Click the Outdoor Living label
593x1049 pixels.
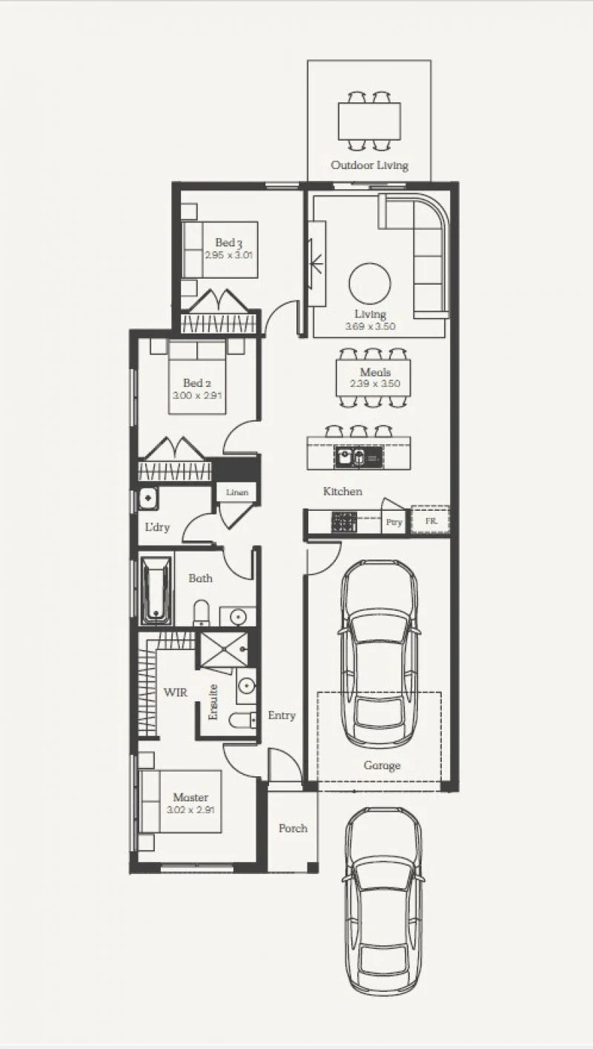click(370, 165)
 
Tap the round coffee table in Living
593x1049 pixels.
click(370, 284)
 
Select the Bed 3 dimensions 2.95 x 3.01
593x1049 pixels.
click(228, 255)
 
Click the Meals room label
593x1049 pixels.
click(375, 372)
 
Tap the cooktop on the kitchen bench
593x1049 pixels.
click(344, 522)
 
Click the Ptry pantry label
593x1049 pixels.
click(394, 522)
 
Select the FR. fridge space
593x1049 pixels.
click(430, 520)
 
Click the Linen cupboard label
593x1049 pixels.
click(237, 492)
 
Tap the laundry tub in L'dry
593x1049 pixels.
click(148, 497)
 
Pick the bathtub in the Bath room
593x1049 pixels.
click(156, 590)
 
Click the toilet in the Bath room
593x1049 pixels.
click(202, 612)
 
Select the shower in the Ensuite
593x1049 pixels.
click(223, 649)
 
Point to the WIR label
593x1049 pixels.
click(176, 692)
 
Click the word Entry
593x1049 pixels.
click(282, 715)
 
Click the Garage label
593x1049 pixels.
click(382, 765)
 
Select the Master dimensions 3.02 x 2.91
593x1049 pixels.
click(191, 810)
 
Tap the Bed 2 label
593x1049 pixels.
click(196, 383)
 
